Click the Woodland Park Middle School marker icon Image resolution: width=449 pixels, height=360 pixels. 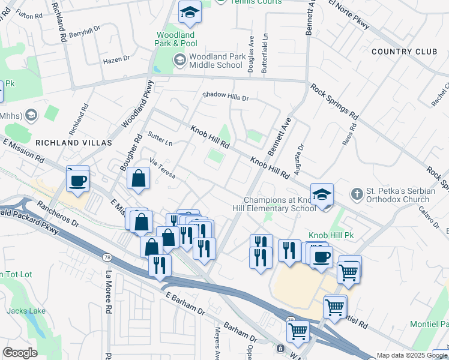pyautogui.click(x=179, y=60)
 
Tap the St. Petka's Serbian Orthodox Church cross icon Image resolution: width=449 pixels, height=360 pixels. pyautogui.click(x=357, y=194)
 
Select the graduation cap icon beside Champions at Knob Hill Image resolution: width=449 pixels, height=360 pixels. pyautogui.click(x=322, y=194)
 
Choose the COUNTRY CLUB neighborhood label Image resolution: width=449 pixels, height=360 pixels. pyautogui.click(x=404, y=52)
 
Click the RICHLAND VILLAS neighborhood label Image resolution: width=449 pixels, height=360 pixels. pyautogui.click(x=74, y=143)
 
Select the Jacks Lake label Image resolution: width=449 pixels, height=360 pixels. pyautogui.click(x=22, y=311)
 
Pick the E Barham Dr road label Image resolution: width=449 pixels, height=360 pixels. pyautogui.click(x=185, y=305)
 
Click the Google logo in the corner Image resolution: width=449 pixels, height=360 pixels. pyautogui.click(x=20, y=353)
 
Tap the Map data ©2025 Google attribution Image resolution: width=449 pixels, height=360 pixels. pyautogui.click(x=412, y=355)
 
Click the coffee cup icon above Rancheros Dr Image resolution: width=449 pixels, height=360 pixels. pyautogui.click(x=78, y=180)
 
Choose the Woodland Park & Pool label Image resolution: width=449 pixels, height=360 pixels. pyautogui.click(x=176, y=40)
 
